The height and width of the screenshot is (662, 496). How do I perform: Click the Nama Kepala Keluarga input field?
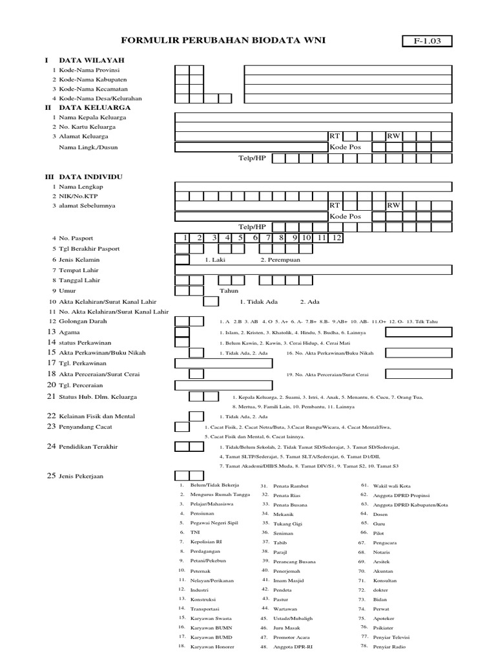313,118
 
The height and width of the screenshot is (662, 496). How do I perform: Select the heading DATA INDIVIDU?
90,176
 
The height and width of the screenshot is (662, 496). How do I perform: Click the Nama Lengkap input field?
313,186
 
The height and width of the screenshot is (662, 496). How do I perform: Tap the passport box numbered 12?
336,238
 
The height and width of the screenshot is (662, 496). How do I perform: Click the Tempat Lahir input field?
313,270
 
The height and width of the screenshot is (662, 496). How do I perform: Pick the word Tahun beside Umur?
229,291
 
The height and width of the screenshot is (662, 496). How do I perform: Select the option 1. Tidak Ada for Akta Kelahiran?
258,301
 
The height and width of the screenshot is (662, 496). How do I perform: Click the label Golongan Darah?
83,321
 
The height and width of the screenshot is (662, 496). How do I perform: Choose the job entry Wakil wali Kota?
391,485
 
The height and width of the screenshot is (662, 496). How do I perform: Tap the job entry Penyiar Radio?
389,646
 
